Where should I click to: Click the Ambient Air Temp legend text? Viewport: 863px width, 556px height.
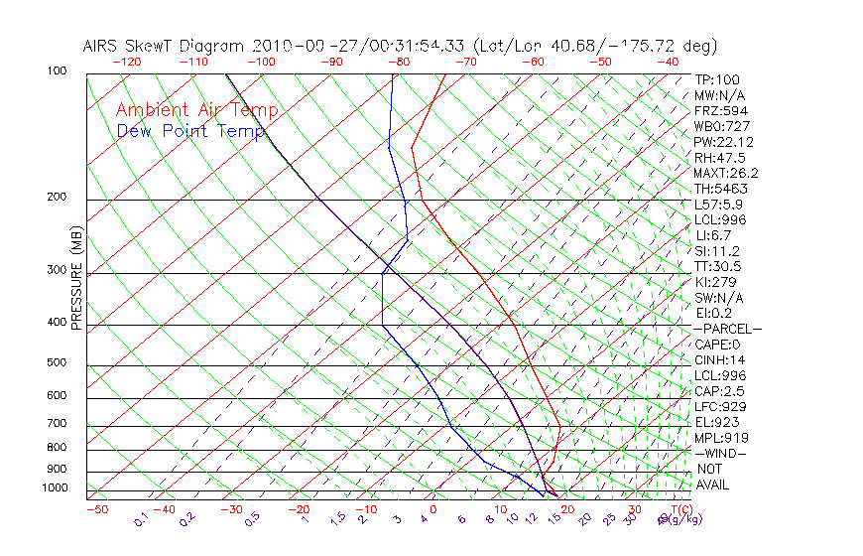(196, 110)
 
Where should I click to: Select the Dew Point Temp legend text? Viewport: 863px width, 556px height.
(190, 131)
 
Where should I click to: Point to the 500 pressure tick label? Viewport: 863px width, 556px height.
(57, 362)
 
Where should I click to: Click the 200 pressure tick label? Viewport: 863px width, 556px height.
(57, 198)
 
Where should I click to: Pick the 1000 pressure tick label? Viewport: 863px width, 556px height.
(54, 488)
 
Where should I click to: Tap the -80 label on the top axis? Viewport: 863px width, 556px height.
(399, 62)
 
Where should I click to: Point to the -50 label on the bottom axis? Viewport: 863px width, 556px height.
(96, 510)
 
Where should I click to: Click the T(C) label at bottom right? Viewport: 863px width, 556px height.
(679, 509)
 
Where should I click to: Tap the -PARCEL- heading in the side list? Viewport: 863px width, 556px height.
(727, 329)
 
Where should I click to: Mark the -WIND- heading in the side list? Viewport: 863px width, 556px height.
(720, 453)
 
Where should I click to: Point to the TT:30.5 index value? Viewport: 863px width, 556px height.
(717, 267)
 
